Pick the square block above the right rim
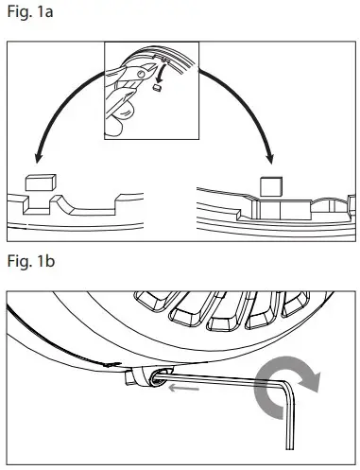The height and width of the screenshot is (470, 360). tap(271, 185)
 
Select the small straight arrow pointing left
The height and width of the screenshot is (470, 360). tap(182, 384)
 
